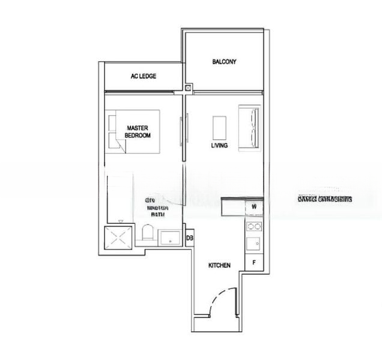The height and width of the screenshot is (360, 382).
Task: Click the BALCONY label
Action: (x=224, y=62)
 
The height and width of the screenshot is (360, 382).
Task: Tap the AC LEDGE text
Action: (x=144, y=76)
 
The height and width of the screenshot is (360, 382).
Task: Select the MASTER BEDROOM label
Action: (x=138, y=131)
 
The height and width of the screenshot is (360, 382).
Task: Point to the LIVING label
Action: (x=219, y=146)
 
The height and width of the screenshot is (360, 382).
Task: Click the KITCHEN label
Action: (x=219, y=265)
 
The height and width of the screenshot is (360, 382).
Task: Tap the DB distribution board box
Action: (x=189, y=238)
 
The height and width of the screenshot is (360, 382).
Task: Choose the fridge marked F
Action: (x=254, y=262)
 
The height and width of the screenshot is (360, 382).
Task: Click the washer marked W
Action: (x=254, y=207)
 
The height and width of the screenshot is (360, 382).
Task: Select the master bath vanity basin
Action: (x=171, y=238)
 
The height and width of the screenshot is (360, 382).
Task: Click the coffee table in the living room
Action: (x=219, y=127)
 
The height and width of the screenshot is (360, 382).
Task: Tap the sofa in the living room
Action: (x=250, y=127)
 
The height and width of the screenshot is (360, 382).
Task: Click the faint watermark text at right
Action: (x=324, y=198)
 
